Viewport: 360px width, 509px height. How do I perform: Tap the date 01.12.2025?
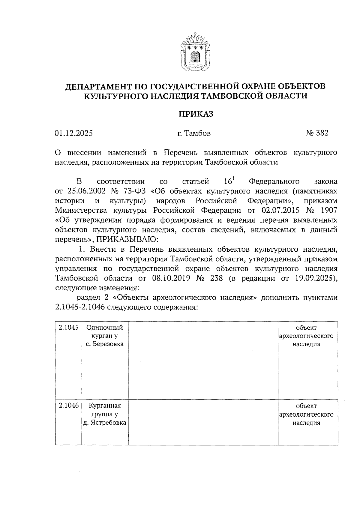click(x=73, y=133)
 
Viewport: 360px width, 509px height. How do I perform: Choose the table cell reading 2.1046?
click(x=68, y=406)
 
